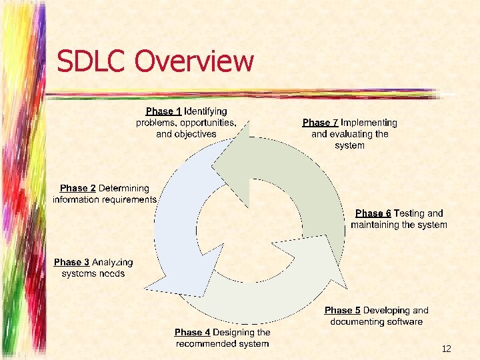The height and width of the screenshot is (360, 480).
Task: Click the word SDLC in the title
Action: [x=92, y=61]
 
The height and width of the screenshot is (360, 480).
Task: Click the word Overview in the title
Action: [x=194, y=61]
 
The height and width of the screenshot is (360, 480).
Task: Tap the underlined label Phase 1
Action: [x=163, y=111]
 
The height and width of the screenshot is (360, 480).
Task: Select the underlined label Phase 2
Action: [x=77, y=189]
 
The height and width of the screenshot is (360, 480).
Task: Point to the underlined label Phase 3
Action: [x=71, y=263]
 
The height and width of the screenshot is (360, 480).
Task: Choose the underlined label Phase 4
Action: [x=192, y=332]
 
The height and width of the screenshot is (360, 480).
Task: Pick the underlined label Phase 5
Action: [x=342, y=311]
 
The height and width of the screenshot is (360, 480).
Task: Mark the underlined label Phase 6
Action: [x=373, y=213]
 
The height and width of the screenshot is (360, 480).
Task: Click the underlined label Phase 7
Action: [x=320, y=123]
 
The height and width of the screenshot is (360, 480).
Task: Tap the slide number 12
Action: [x=446, y=349]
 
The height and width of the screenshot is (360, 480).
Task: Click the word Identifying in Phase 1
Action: [x=205, y=111]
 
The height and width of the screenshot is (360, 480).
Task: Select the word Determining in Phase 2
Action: [x=124, y=189]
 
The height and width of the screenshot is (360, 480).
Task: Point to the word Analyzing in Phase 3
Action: [x=112, y=263]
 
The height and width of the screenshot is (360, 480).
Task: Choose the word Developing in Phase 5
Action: [x=387, y=311]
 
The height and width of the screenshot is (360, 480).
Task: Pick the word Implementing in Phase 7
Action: [x=369, y=123]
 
